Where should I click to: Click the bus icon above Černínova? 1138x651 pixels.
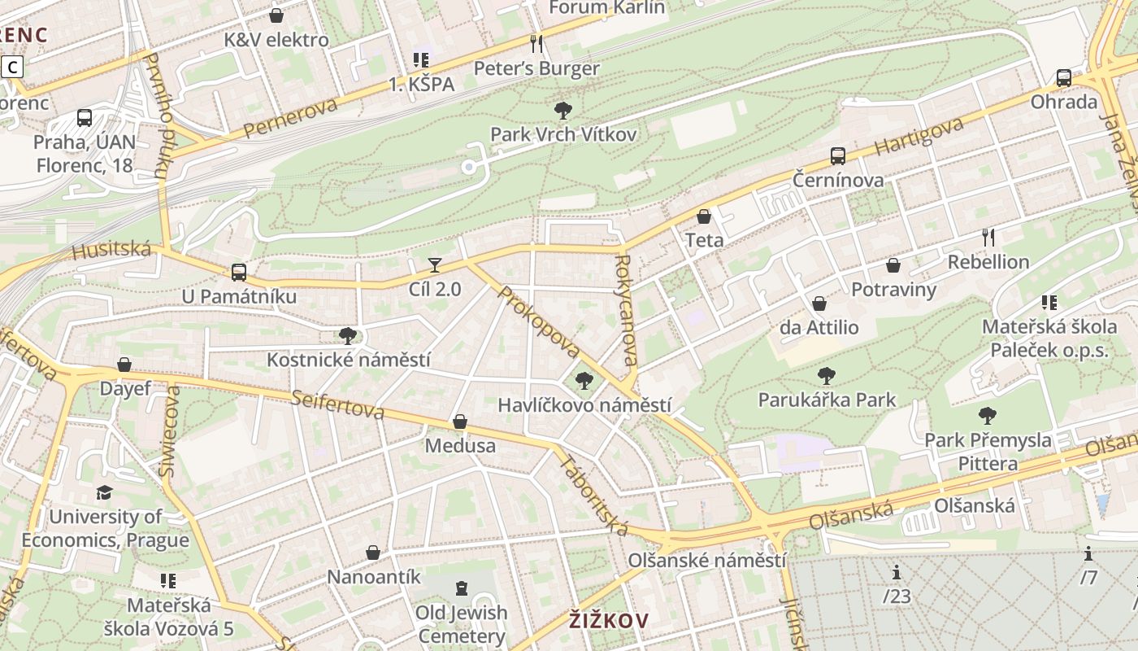pyautogui.click(x=838, y=156)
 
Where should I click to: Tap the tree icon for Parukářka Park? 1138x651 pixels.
pyautogui.click(x=827, y=376)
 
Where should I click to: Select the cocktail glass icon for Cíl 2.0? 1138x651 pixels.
pyautogui.click(x=435, y=265)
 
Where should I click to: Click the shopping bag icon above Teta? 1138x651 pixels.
pyautogui.click(x=704, y=216)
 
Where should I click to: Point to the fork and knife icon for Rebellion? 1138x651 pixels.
pyautogui.click(x=988, y=238)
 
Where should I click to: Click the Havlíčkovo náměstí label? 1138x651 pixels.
pyautogui.click(x=584, y=405)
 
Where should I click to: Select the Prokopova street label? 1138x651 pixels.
pyautogui.click(x=539, y=322)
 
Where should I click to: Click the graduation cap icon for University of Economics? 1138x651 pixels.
pyautogui.click(x=104, y=493)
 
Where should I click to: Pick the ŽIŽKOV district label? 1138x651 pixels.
pyautogui.click(x=609, y=622)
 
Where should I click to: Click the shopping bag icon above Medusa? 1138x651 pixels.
pyautogui.click(x=460, y=422)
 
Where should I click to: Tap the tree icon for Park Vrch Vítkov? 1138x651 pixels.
pyautogui.click(x=562, y=111)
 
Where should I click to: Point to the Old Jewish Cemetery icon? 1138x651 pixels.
pyautogui.click(x=462, y=588)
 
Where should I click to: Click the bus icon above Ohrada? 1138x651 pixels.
pyautogui.click(x=1063, y=78)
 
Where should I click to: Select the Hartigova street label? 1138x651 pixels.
pyautogui.click(x=919, y=137)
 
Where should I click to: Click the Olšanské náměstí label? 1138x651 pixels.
pyautogui.click(x=706, y=561)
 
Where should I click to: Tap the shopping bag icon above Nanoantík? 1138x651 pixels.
pyautogui.click(x=373, y=553)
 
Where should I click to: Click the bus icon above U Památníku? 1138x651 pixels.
pyautogui.click(x=238, y=273)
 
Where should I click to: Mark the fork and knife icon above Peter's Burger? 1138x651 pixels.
pyautogui.click(x=536, y=44)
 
